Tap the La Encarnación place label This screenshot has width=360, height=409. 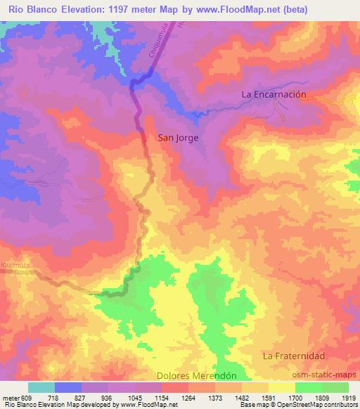274,93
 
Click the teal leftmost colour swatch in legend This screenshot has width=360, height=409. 41,387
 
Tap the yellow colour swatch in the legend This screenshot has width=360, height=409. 281,387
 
